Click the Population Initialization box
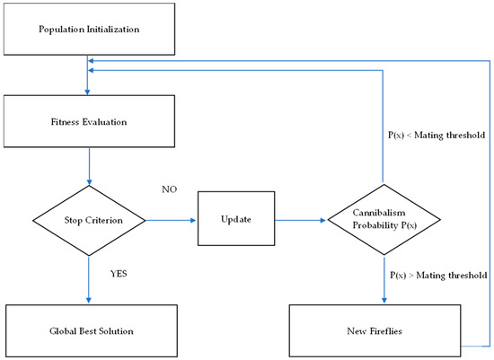(88, 29)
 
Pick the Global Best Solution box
(88, 331)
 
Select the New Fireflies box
(384, 331)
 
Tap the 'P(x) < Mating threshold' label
(436, 135)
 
